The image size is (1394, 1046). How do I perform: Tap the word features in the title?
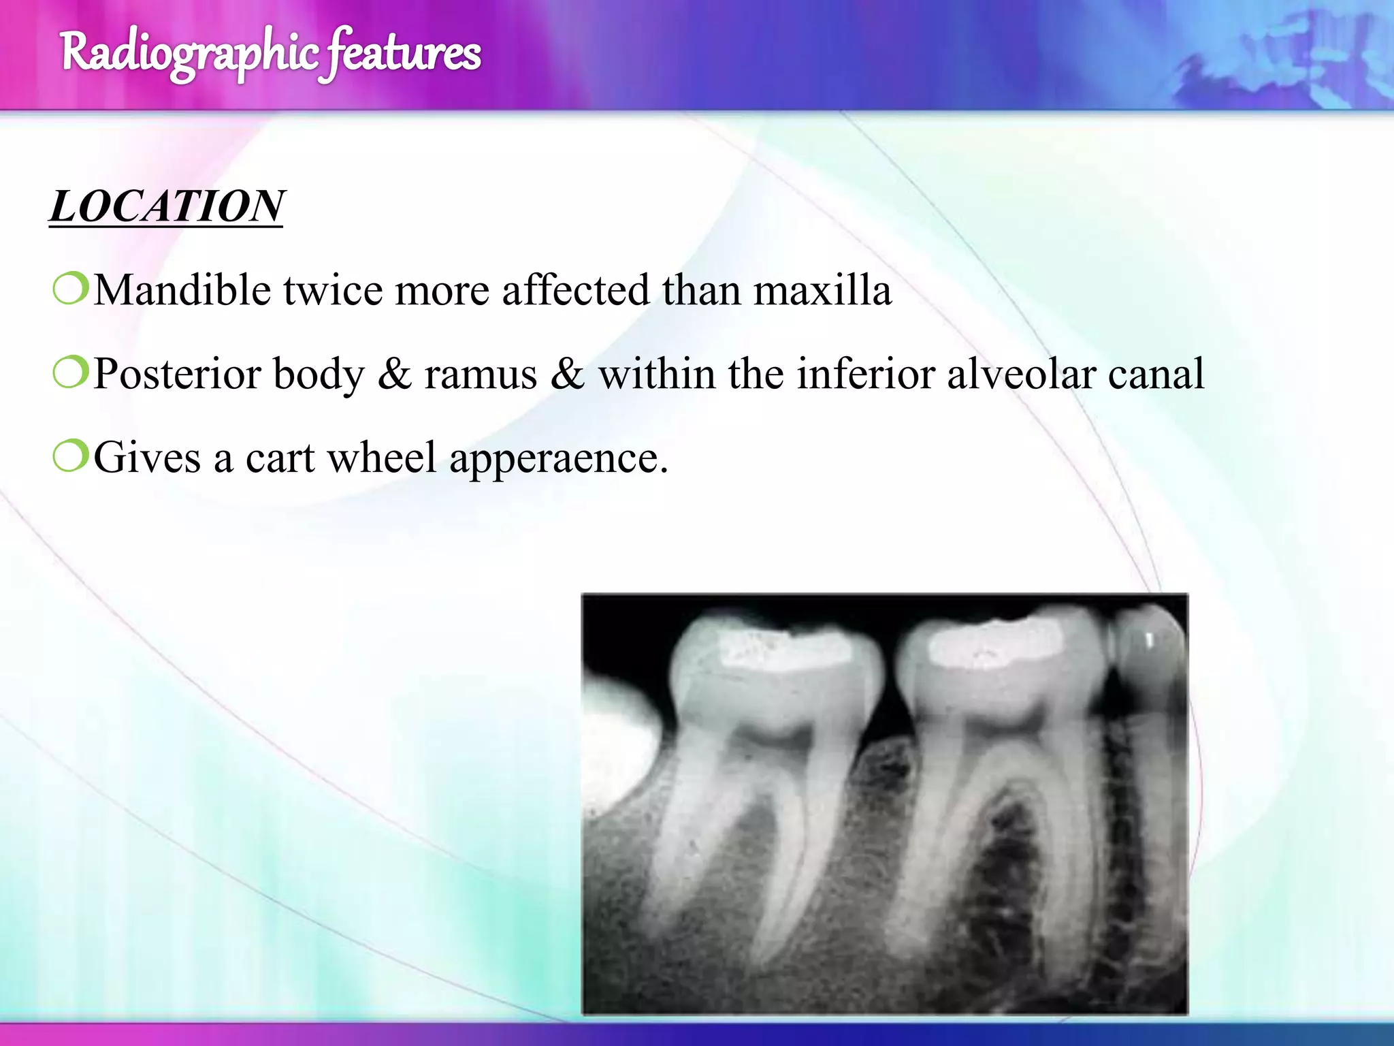pyautogui.click(x=403, y=53)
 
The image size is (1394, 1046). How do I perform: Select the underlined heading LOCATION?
pyautogui.click(x=167, y=206)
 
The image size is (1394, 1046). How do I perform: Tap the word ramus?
pyautogui.click(x=481, y=375)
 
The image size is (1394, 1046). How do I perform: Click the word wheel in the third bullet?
pyautogui.click(x=381, y=458)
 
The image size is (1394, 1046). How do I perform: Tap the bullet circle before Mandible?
pyautogui.click(x=71, y=289)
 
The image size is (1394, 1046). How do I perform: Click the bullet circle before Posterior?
pyautogui.click(x=71, y=373)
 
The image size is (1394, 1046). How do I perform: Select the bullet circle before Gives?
pyautogui.click(x=71, y=456)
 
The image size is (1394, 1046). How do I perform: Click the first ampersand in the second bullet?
pyautogui.click(x=395, y=375)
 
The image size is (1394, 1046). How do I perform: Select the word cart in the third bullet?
pyautogui.click(x=280, y=458)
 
